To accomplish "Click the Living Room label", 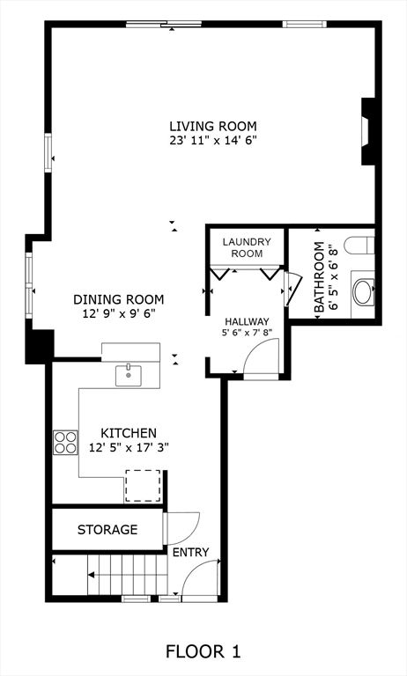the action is point(213,127).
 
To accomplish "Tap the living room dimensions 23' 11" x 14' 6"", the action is point(213,141).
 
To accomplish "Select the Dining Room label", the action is point(119,299).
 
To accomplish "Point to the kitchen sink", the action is point(129,376).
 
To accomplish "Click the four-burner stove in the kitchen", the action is point(65,443).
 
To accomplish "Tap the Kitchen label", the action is point(129,433).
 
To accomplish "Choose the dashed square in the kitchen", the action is point(143,486).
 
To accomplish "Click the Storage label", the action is point(107,529).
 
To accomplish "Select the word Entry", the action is point(191,552).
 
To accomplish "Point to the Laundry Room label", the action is point(247,247).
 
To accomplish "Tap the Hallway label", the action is point(247,321).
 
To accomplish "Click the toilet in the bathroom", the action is point(359,245).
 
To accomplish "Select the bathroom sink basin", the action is point(364,292).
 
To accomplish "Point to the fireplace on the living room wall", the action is point(368,131).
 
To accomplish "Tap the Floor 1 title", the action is point(203,651).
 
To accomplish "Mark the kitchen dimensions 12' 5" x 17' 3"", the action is point(129,447).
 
